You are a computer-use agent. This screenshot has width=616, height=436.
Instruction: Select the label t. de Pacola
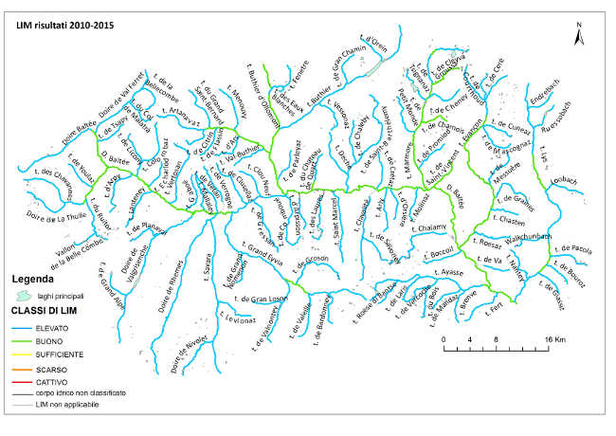571,251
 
